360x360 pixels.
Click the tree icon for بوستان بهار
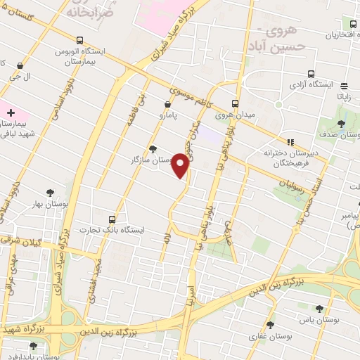50,192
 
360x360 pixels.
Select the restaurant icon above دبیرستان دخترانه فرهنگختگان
290,141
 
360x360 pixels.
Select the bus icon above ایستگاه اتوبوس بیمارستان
80,40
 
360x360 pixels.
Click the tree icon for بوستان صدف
340,124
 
